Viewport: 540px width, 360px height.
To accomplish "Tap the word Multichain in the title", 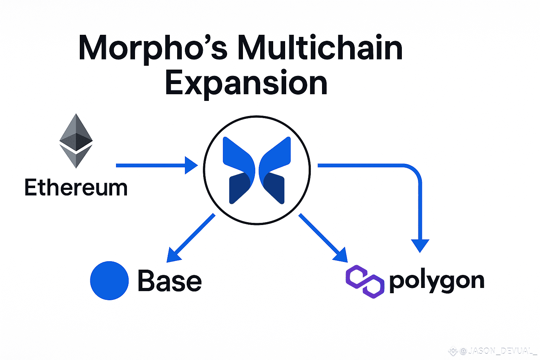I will [x=320, y=48].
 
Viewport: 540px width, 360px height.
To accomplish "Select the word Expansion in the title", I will [x=246, y=83].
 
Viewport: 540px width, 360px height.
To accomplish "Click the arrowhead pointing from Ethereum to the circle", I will [x=191, y=165].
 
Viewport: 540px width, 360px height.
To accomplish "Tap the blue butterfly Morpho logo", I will [x=257, y=170].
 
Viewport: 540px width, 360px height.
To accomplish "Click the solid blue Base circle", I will [x=109, y=281].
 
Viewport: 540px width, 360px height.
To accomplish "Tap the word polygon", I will [x=437, y=281].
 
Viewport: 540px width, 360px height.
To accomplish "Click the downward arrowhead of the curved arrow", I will [x=420, y=245].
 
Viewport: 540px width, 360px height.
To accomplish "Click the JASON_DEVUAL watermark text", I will [x=499, y=351].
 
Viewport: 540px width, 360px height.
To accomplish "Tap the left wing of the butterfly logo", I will [x=238, y=170].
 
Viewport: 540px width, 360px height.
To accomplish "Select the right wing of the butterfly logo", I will [x=276, y=170].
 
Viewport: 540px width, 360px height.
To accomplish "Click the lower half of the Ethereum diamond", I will [x=76, y=156].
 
